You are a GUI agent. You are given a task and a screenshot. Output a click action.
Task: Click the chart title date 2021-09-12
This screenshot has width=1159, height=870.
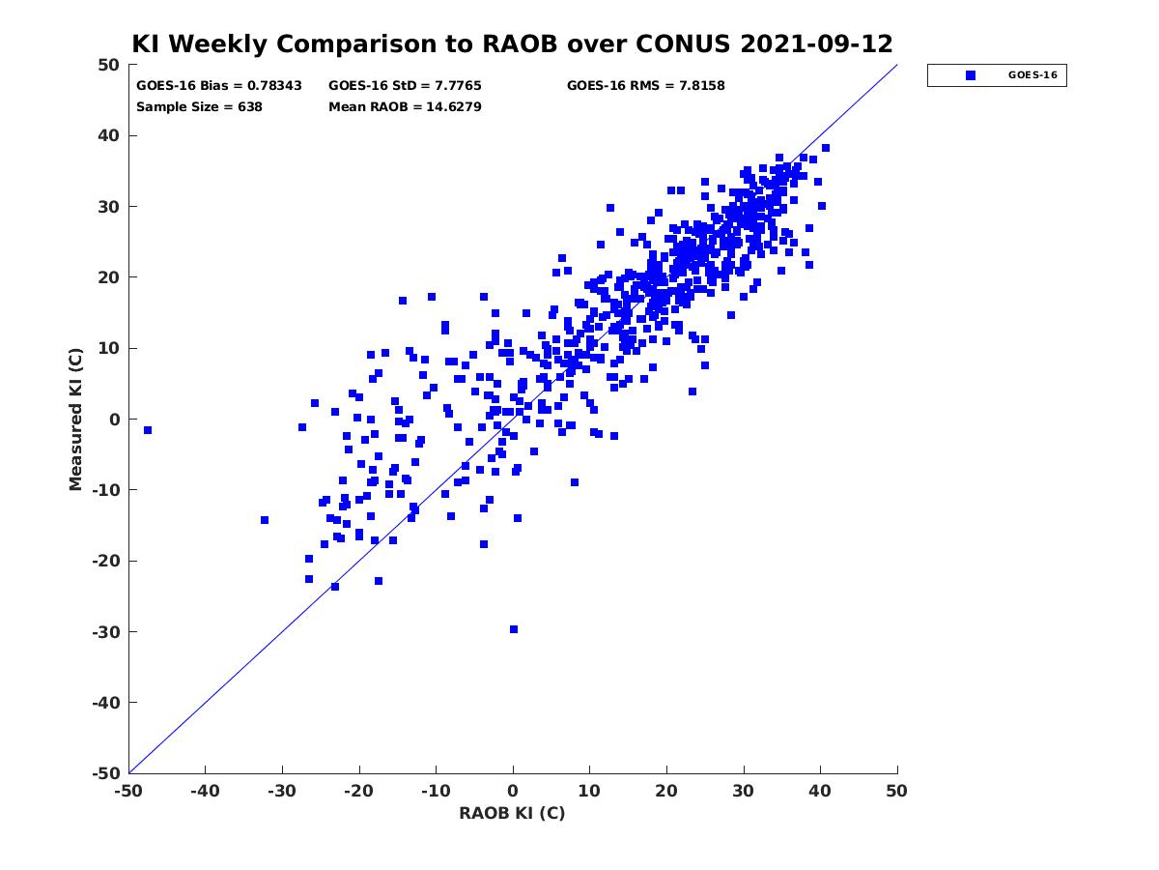[816, 44]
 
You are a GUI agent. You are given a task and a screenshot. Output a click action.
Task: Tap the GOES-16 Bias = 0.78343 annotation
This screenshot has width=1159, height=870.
[218, 86]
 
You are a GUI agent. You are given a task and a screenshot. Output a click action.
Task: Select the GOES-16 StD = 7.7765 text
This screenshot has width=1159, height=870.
[405, 86]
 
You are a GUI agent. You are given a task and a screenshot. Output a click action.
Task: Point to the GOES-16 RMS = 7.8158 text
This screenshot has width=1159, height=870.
[645, 86]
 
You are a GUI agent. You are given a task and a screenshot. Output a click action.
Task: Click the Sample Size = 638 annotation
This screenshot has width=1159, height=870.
[199, 106]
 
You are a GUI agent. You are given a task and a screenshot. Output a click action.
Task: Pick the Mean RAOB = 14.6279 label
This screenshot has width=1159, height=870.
[405, 106]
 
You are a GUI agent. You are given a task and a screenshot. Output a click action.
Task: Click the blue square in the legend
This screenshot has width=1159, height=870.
[970, 75]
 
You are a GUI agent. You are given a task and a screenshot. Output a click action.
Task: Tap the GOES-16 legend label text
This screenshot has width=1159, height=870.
[1032, 75]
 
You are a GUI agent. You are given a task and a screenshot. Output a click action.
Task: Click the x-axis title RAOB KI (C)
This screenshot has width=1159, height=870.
[512, 813]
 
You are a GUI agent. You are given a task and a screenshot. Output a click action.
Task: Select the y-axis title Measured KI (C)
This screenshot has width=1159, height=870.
[75, 419]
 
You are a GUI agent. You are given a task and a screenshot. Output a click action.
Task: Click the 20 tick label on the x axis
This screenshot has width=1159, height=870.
[666, 791]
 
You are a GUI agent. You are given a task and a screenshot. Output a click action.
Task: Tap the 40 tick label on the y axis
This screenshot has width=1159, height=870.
[109, 135]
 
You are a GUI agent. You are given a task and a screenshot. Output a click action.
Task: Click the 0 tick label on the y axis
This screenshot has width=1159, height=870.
[115, 420]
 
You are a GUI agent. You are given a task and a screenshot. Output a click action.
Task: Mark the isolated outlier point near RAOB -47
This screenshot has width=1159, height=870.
[148, 430]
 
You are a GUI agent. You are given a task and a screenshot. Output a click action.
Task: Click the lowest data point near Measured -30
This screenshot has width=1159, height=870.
[513, 629]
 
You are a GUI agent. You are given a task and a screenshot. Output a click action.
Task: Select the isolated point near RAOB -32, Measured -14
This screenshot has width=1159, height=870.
[265, 520]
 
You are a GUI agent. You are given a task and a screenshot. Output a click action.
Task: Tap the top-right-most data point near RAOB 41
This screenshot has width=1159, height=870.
[825, 148]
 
